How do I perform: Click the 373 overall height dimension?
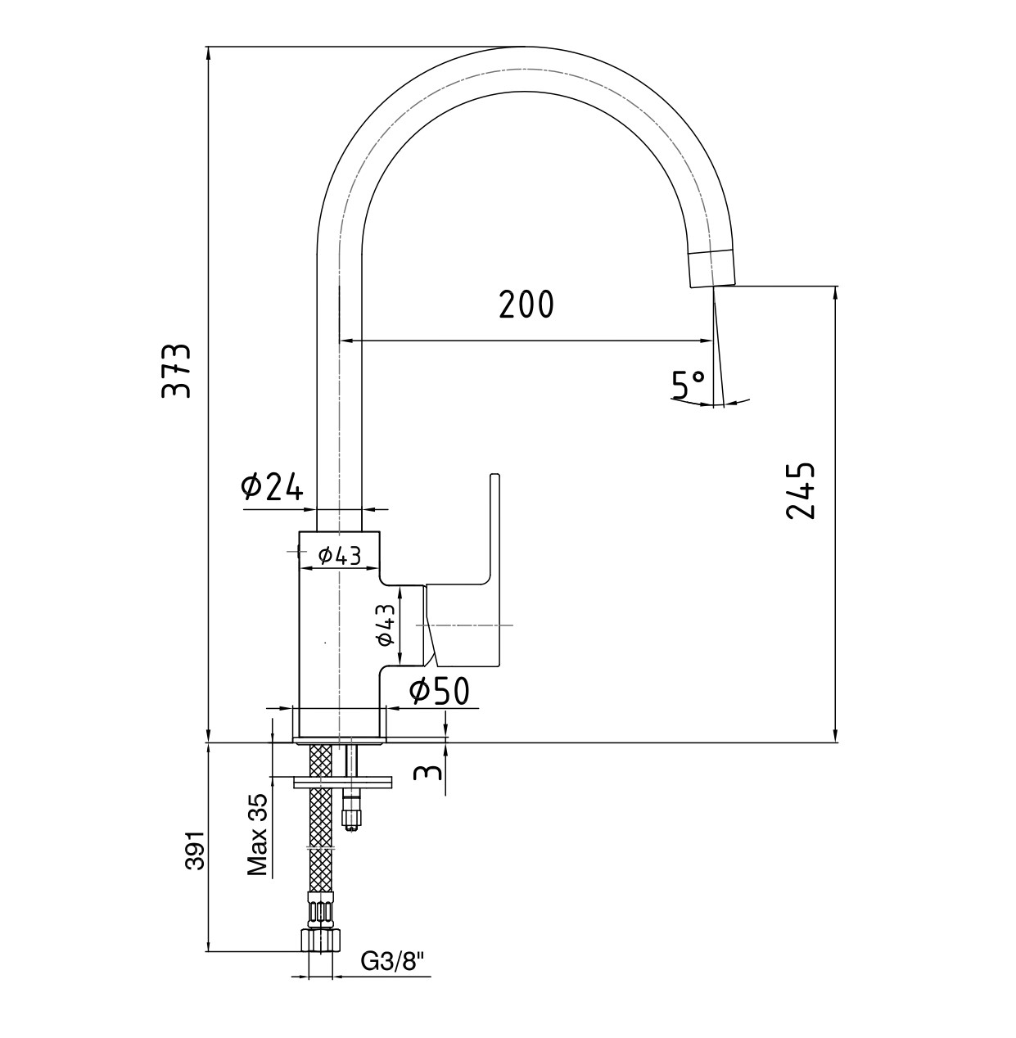(176, 370)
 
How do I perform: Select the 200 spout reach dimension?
(526, 305)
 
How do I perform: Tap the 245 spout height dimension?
(800, 491)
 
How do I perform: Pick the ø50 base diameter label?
(440, 692)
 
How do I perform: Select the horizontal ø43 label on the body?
(340, 556)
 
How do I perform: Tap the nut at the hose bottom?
(321, 939)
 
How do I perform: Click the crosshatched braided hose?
(321, 835)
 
